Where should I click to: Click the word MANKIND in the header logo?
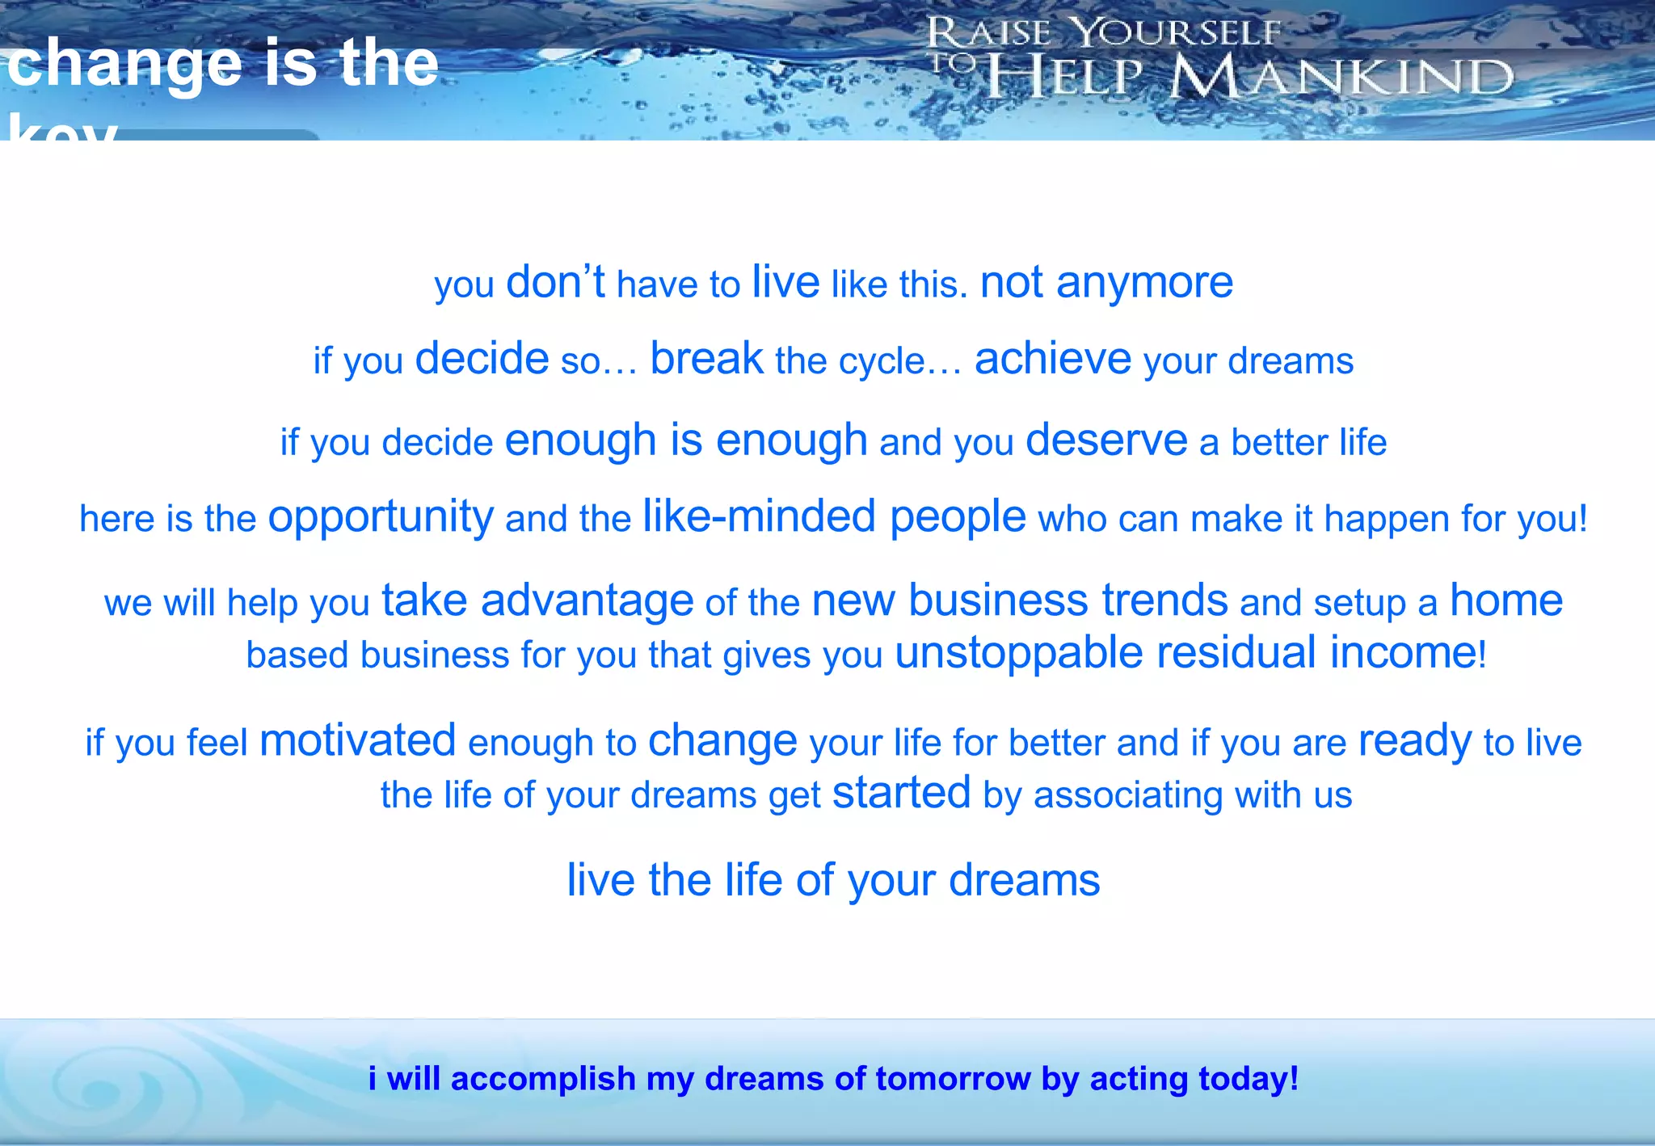coord(1342,78)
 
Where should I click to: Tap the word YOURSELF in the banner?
coord(1177,34)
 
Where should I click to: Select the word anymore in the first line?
coord(1144,283)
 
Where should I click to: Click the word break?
coord(706,358)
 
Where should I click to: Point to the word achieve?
coord(1053,358)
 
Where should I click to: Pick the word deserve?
coord(1106,440)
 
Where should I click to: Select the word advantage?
coord(587,600)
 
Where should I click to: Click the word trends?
coord(1165,600)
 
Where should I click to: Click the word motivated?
coord(358,740)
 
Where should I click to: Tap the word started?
coord(902,793)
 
